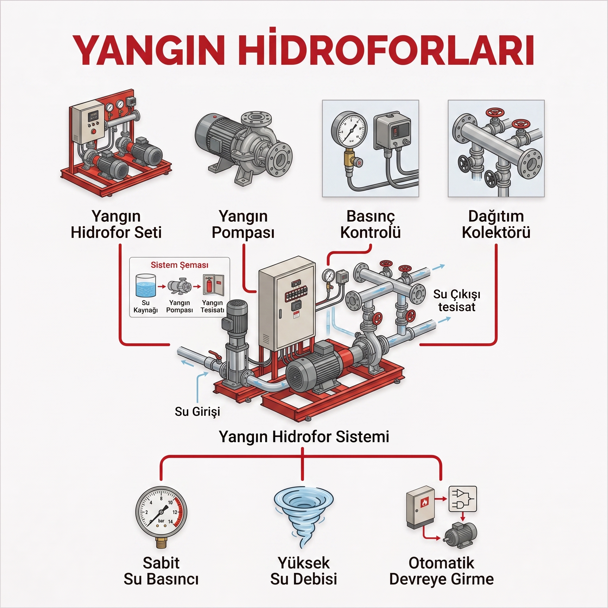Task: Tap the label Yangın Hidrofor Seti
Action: coord(116,224)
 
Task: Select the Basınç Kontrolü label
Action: coord(370,224)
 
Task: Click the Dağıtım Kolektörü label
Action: coord(496,224)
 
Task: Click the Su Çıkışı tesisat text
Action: coord(457,300)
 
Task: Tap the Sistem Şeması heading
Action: coord(179,265)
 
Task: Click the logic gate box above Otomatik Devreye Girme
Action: coord(463,499)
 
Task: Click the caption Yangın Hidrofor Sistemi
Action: coord(304,437)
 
